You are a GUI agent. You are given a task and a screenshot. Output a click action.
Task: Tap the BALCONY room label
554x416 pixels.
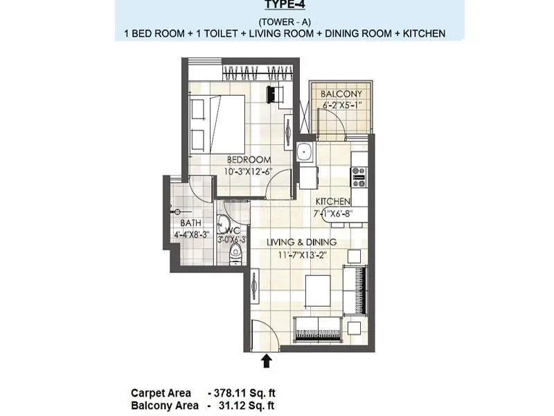coord(341,94)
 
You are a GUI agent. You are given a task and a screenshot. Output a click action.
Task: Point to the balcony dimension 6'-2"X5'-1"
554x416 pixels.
coord(341,106)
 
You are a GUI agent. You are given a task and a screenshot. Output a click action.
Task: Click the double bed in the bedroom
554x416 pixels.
coord(217,118)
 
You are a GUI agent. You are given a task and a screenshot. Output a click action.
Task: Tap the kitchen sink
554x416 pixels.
coord(304,152)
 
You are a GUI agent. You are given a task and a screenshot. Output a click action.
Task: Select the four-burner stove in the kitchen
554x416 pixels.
coord(359,177)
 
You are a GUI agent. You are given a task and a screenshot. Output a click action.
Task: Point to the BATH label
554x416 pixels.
coord(190,223)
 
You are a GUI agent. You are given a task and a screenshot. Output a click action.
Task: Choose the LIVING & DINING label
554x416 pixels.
coord(302,242)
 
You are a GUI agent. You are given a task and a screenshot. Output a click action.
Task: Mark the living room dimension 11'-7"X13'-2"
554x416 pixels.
coord(302,254)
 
